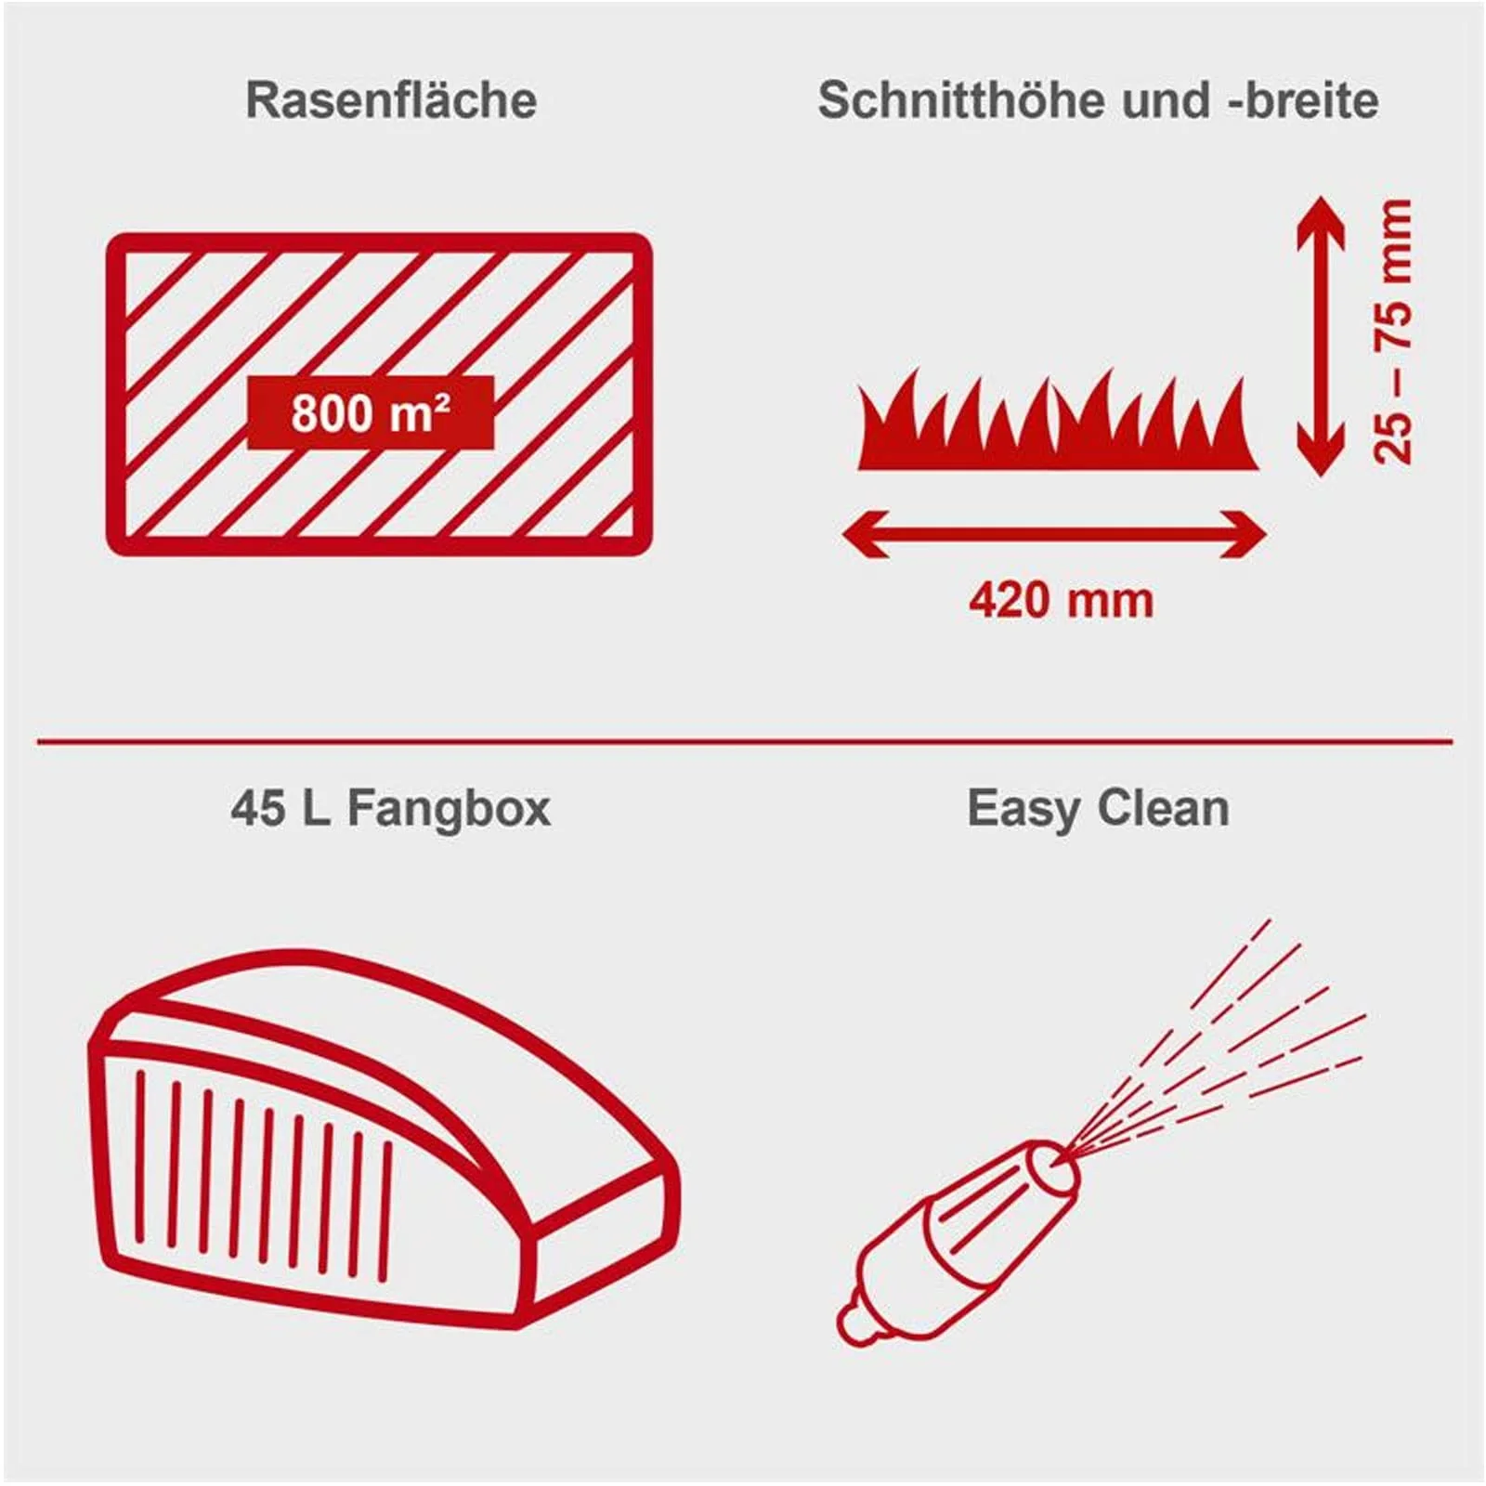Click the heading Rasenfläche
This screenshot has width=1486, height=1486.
(391, 100)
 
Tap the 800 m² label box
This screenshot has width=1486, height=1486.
(371, 412)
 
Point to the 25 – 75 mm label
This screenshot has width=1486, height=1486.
(1393, 331)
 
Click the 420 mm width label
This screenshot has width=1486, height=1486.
(1061, 600)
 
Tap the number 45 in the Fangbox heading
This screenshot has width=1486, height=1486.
(258, 808)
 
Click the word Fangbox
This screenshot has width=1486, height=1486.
(449, 808)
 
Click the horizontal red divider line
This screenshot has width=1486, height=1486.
(743, 742)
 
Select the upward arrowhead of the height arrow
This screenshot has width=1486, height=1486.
(1320, 218)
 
